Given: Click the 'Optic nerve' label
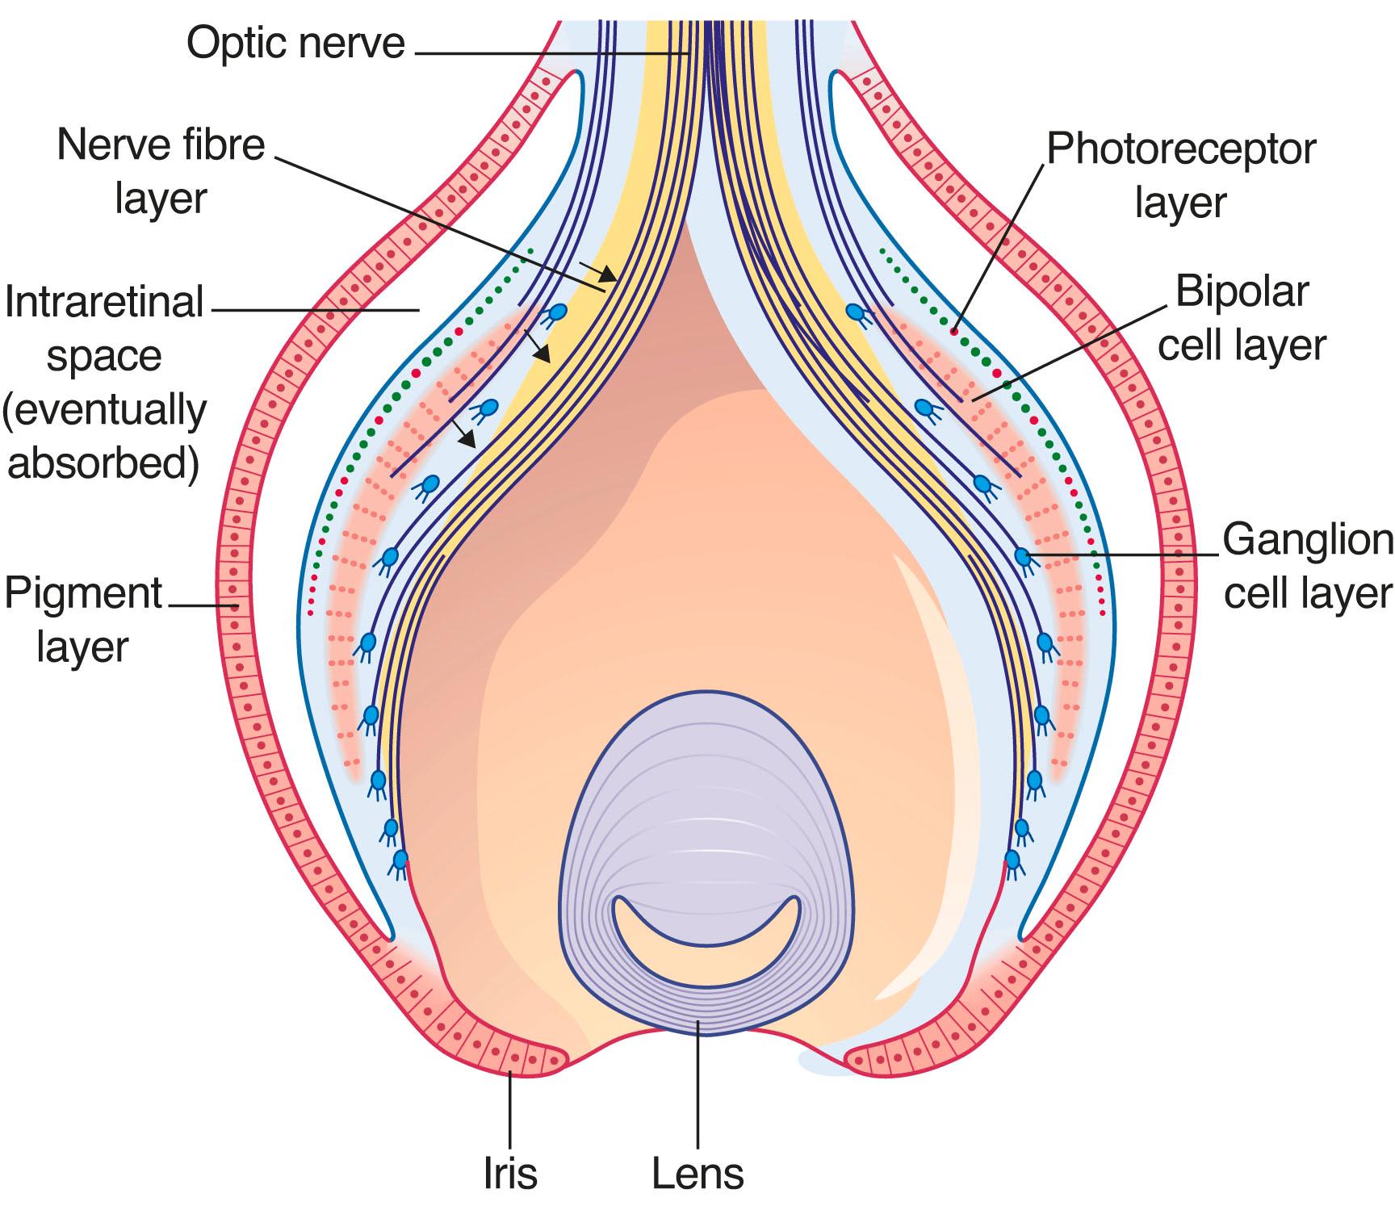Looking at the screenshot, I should [295, 42].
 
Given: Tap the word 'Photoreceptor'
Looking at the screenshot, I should [1180, 149].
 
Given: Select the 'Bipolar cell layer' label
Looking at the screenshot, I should [1242, 318].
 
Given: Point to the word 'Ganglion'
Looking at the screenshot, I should [1308, 539].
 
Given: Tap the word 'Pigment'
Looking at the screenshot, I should [84, 594].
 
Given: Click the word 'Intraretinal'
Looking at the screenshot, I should [104, 304].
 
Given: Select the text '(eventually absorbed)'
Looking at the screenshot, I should [104, 436].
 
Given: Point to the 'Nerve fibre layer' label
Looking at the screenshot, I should [161, 171].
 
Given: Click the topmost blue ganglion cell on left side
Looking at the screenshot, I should [556, 312].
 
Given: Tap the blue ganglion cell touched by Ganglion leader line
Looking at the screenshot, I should [1022, 556].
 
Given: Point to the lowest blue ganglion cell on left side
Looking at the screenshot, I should [399, 859].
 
